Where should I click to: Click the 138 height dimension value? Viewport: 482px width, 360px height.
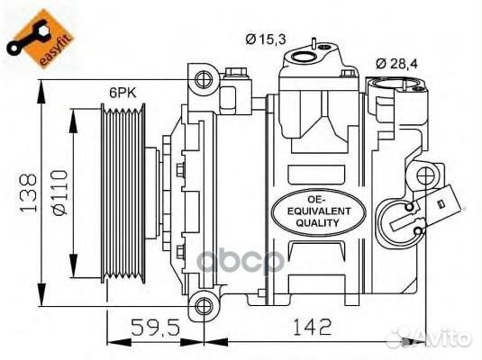coord(28,193)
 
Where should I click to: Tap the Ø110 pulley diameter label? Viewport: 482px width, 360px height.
coord(59,193)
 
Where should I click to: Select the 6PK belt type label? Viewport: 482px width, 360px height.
coord(123,92)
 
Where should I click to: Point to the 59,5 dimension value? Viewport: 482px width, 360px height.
coord(155,327)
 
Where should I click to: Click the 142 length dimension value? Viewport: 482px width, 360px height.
coord(313,327)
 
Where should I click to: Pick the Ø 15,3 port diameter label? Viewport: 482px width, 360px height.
coord(266,40)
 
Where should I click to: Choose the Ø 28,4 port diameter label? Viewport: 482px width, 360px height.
coord(396,64)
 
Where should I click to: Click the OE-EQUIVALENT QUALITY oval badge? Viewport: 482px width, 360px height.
coord(319,212)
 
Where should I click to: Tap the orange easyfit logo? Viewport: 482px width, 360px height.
coord(40,39)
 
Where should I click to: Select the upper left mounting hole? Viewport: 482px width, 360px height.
coord(204,79)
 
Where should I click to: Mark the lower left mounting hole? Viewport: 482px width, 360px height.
coord(204,306)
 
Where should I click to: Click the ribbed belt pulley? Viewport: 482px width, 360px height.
coord(123,193)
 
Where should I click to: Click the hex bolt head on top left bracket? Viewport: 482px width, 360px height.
coord(236,72)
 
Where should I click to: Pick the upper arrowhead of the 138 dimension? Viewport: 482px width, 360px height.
coord(41,91)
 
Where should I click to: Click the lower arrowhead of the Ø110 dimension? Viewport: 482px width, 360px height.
coord(73,266)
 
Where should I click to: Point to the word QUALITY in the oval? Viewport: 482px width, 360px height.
coord(317,223)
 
